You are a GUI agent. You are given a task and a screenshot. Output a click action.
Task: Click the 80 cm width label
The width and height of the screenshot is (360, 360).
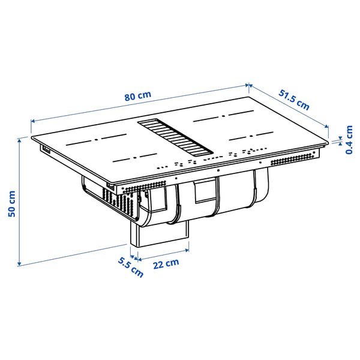[x=138, y=96]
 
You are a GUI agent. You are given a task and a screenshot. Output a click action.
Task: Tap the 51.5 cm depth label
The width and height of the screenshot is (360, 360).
[x=294, y=98]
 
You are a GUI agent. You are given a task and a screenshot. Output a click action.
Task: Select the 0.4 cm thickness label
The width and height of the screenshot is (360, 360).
[x=349, y=140]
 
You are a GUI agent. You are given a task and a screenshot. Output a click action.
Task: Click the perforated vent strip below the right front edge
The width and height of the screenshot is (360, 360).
[x=294, y=159]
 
